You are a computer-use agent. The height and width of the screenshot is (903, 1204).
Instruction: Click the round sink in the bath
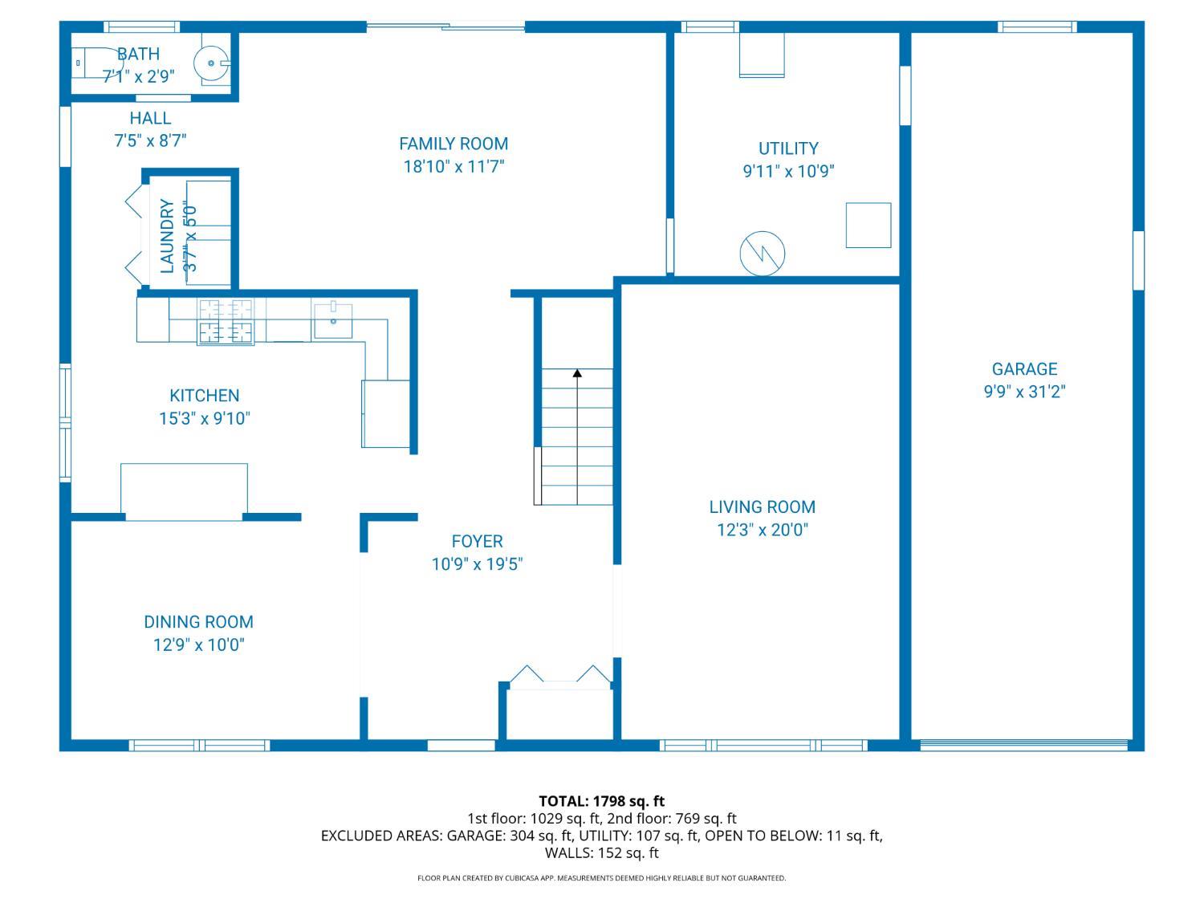pyautogui.click(x=210, y=63)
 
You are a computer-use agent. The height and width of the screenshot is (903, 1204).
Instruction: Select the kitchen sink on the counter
pyautogui.click(x=332, y=321)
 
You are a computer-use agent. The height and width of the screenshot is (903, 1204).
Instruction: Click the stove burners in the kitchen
pyautogui.click(x=226, y=322)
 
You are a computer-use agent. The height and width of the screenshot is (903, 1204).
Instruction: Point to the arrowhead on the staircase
pyautogui.click(x=577, y=373)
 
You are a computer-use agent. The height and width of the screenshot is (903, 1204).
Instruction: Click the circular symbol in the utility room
pyautogui.click(x=762, y=254)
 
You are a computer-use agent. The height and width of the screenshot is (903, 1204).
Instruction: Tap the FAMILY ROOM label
pyautogui.click(x=453, y=144)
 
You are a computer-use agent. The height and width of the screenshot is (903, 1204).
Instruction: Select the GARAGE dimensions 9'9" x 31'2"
pyautogui.click(x=1024, y=392)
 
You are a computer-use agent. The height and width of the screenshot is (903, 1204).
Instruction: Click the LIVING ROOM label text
pyautogui.click(x=762, y=506)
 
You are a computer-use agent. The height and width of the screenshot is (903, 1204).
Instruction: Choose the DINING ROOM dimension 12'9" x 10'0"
pyautogui.click(x=198, y=645)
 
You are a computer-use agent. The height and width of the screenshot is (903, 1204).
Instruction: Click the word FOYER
pyautogui.click(x=477, y=541)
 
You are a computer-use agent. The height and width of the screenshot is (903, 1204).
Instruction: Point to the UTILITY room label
pyautogui.click(x=788, y=148)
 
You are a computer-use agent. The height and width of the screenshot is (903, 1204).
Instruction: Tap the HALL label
pyautogui.click(x=150, y=118)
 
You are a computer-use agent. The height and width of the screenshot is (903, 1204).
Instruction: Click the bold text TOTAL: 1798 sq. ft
pyautogui.click(x=602, y=801)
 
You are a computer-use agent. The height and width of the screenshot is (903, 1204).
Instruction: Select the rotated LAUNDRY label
pyautogui.click(x=167, y=236)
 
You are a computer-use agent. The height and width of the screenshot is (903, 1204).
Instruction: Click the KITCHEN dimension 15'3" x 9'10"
pyautogui.click(x=204, y=418)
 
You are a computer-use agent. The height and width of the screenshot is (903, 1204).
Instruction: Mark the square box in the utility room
pyautogui.click(x=868, y=225)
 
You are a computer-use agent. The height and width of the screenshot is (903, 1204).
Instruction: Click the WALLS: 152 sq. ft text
pyautogui.click(x=602, y=852)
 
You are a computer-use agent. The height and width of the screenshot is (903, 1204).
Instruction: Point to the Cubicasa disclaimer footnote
pyautogui.click(x=602, y=878)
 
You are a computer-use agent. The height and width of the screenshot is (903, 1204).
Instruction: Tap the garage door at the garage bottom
pyautogui.click(x=1023, y=745)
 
